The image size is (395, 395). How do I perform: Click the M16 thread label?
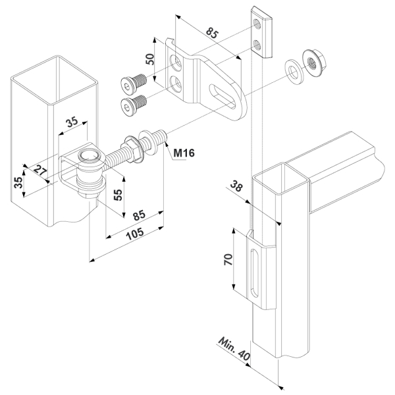click(184, 155)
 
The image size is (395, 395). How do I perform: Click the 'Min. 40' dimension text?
click(235, 349)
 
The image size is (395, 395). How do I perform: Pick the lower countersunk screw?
click(134, 104)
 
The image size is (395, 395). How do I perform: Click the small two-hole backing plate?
click(262, 33)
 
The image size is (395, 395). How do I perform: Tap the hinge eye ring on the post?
click(90, 159)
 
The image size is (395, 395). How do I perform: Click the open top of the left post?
click(54, 72)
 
